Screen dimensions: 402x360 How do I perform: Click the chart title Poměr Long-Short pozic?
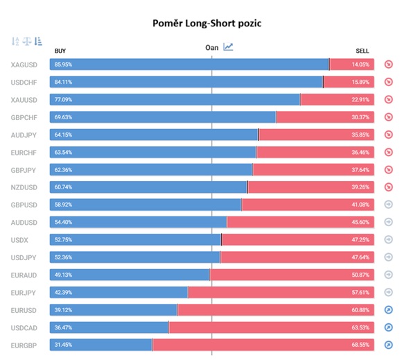pyautogui.click(x=207, y=24)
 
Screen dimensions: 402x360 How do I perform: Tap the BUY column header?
pyautogui.click(x=60, y=51)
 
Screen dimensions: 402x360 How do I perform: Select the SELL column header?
pyautogui.click(x=362, y=51)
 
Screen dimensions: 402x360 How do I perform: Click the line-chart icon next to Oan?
pyautogui.click(x=228, y=46)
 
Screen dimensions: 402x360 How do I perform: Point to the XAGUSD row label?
pyautogui.click(x=24, y=65)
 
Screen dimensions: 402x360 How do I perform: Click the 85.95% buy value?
pyautogui.click(x=63, y=65)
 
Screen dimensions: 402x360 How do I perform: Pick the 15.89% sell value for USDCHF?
pyautogui.click(x=360, y=82)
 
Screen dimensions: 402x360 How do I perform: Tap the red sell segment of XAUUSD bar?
pyautogui.click(x=337, y=100)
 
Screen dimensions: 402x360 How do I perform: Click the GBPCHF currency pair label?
pyautogui.click(x=24, y=118)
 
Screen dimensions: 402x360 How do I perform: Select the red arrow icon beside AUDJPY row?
pyautogui.click(x=389, y=135)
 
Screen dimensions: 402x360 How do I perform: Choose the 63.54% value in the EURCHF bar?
pyautogui.click(x=63, y=153)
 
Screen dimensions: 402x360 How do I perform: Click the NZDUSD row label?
pyautogui.click(x=24, y=187)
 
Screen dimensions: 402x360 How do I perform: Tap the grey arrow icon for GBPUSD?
pyautogui.click(x=389, y=205)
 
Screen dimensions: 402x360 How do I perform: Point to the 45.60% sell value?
pyautogui.click(x=360, y=222)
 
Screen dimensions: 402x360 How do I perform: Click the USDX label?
pyautogui.click(x=19, y=241)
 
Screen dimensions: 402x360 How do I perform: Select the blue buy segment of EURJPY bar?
pyautogui.click(x=119, y=292)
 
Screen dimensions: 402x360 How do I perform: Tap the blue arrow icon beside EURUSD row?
pyautogui.click(x=389, y=310)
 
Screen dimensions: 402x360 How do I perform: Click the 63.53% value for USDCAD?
pyautogui.click(x=360, y=327)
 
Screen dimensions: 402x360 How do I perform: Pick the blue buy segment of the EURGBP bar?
pyautogui.click(x=101, y=345)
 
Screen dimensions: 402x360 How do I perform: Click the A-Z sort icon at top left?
pyautogui.click(x=15, y=42)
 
